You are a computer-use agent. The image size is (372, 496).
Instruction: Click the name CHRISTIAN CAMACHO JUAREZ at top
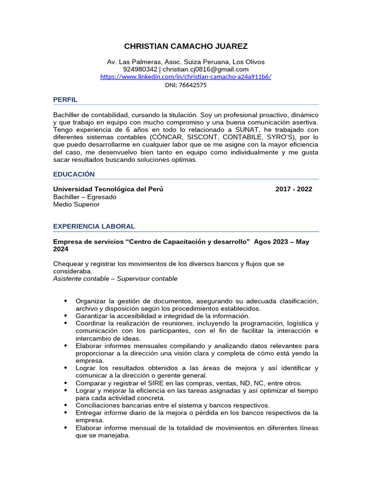[186, 46]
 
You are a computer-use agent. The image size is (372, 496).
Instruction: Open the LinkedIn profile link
[186, 77]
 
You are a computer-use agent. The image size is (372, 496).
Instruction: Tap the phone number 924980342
[140, 69]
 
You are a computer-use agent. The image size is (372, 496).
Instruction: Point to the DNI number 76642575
[193, 85]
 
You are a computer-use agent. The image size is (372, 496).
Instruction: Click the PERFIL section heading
[65, 100]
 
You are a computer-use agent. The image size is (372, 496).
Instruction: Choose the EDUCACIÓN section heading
[74, 174]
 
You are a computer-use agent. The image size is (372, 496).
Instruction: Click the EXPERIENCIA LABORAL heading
[94, 226]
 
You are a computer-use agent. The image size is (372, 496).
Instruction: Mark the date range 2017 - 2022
[294, 189]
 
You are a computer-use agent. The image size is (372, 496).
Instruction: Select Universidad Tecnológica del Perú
[108, 189]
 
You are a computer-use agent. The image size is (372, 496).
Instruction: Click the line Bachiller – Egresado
[85, 197]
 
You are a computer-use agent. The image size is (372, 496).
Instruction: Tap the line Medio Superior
[77, 204]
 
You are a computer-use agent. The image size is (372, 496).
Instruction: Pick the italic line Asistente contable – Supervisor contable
[115, 279]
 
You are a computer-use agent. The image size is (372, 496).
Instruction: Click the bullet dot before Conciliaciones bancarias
[66, 404]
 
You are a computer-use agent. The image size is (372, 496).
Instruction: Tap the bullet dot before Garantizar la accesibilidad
[66, 315]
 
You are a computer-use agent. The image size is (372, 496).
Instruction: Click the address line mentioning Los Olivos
[186, 62]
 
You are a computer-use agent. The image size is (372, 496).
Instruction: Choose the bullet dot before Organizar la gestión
[66, 301]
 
